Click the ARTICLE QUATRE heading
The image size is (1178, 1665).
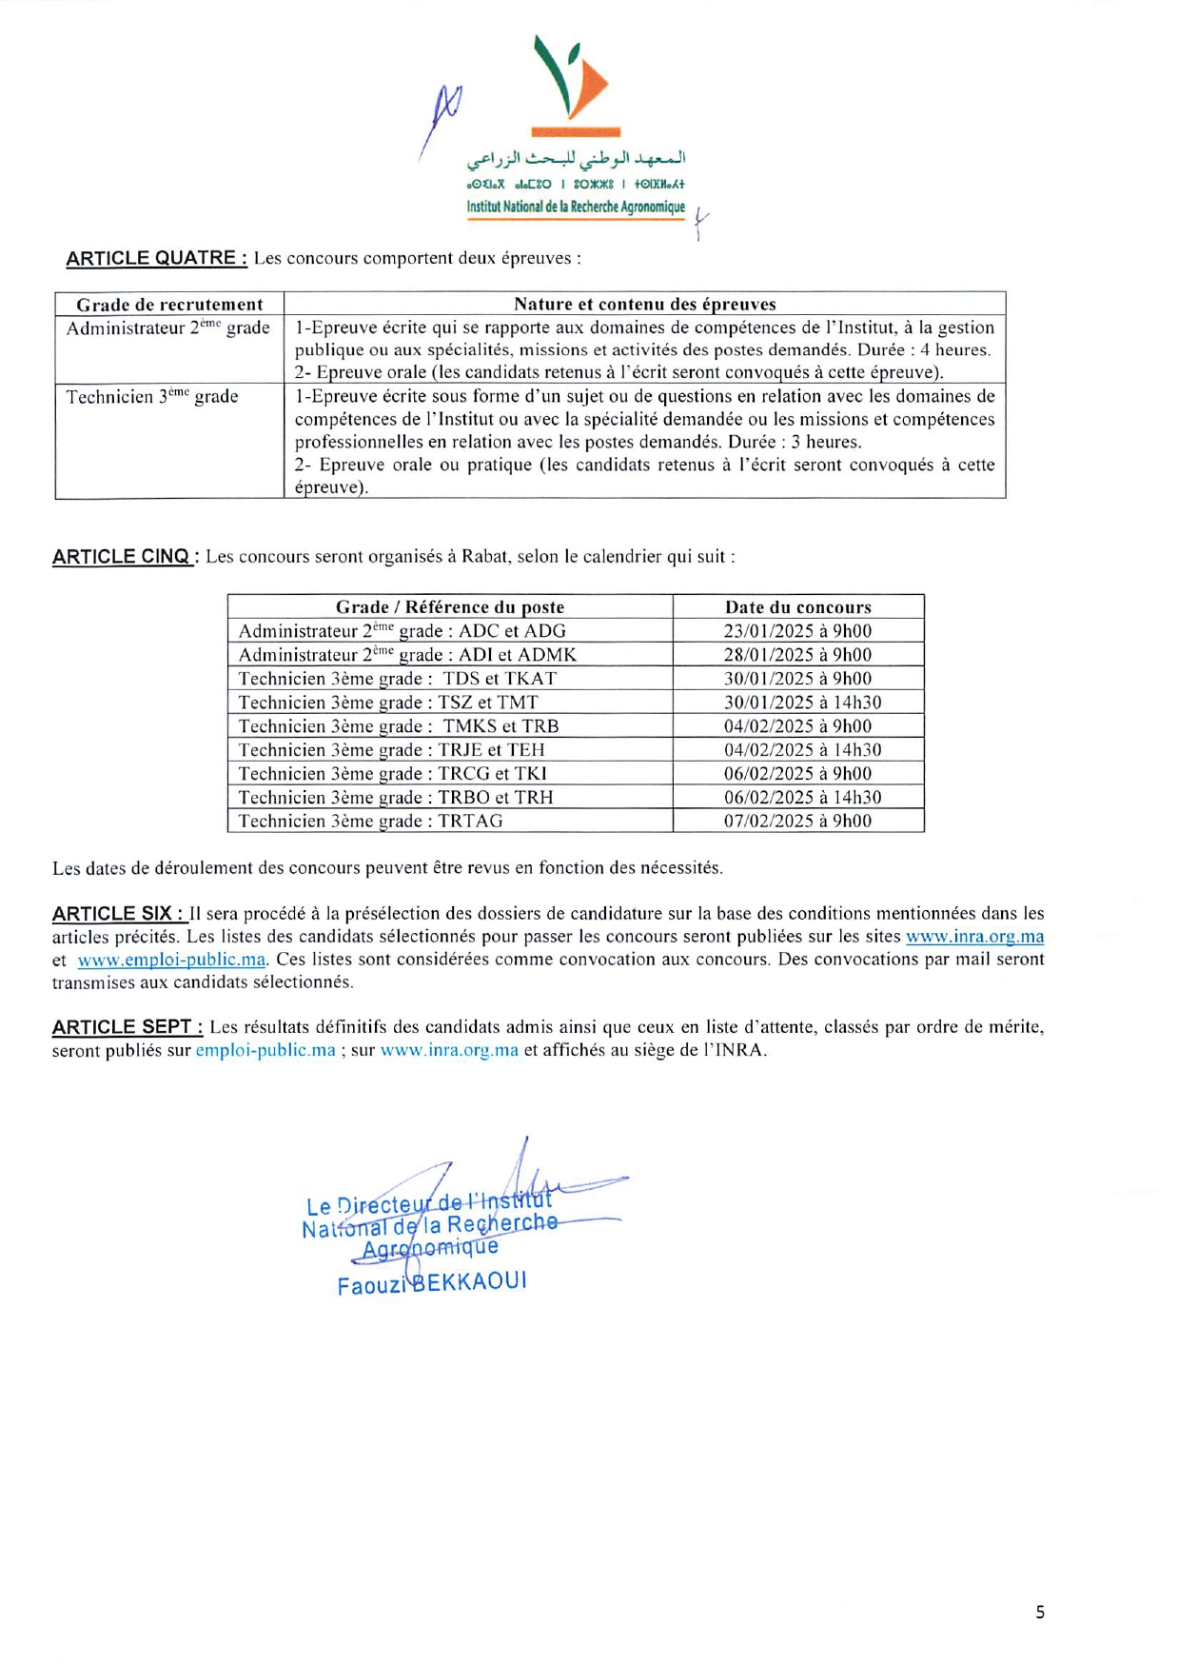tap(156, 258)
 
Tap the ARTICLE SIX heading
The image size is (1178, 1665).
tap(118, 914)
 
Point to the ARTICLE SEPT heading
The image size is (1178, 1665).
tap(127, 1027)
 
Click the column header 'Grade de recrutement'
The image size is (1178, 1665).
tap(169, 305)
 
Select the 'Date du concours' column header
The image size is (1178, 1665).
tap(797, 607)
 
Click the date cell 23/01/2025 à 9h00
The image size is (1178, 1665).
tap(797, 631)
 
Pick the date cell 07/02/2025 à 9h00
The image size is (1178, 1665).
tap(797, 821)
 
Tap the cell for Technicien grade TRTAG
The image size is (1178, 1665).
tap(370, 821)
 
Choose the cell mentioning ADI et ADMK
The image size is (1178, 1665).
tap(407, 655)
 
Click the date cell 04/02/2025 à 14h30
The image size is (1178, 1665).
tap(802, 750)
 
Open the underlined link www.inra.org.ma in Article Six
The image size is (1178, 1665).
tap(974, 937)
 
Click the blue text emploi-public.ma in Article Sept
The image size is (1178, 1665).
tap(265, 1050)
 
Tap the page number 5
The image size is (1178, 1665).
tap(1040, 1612)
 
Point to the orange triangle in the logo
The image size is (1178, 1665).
tap(590, 82)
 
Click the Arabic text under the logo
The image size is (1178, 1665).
tap(576, 158)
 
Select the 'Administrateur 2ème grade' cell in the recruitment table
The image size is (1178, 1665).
tap(167, 328)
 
